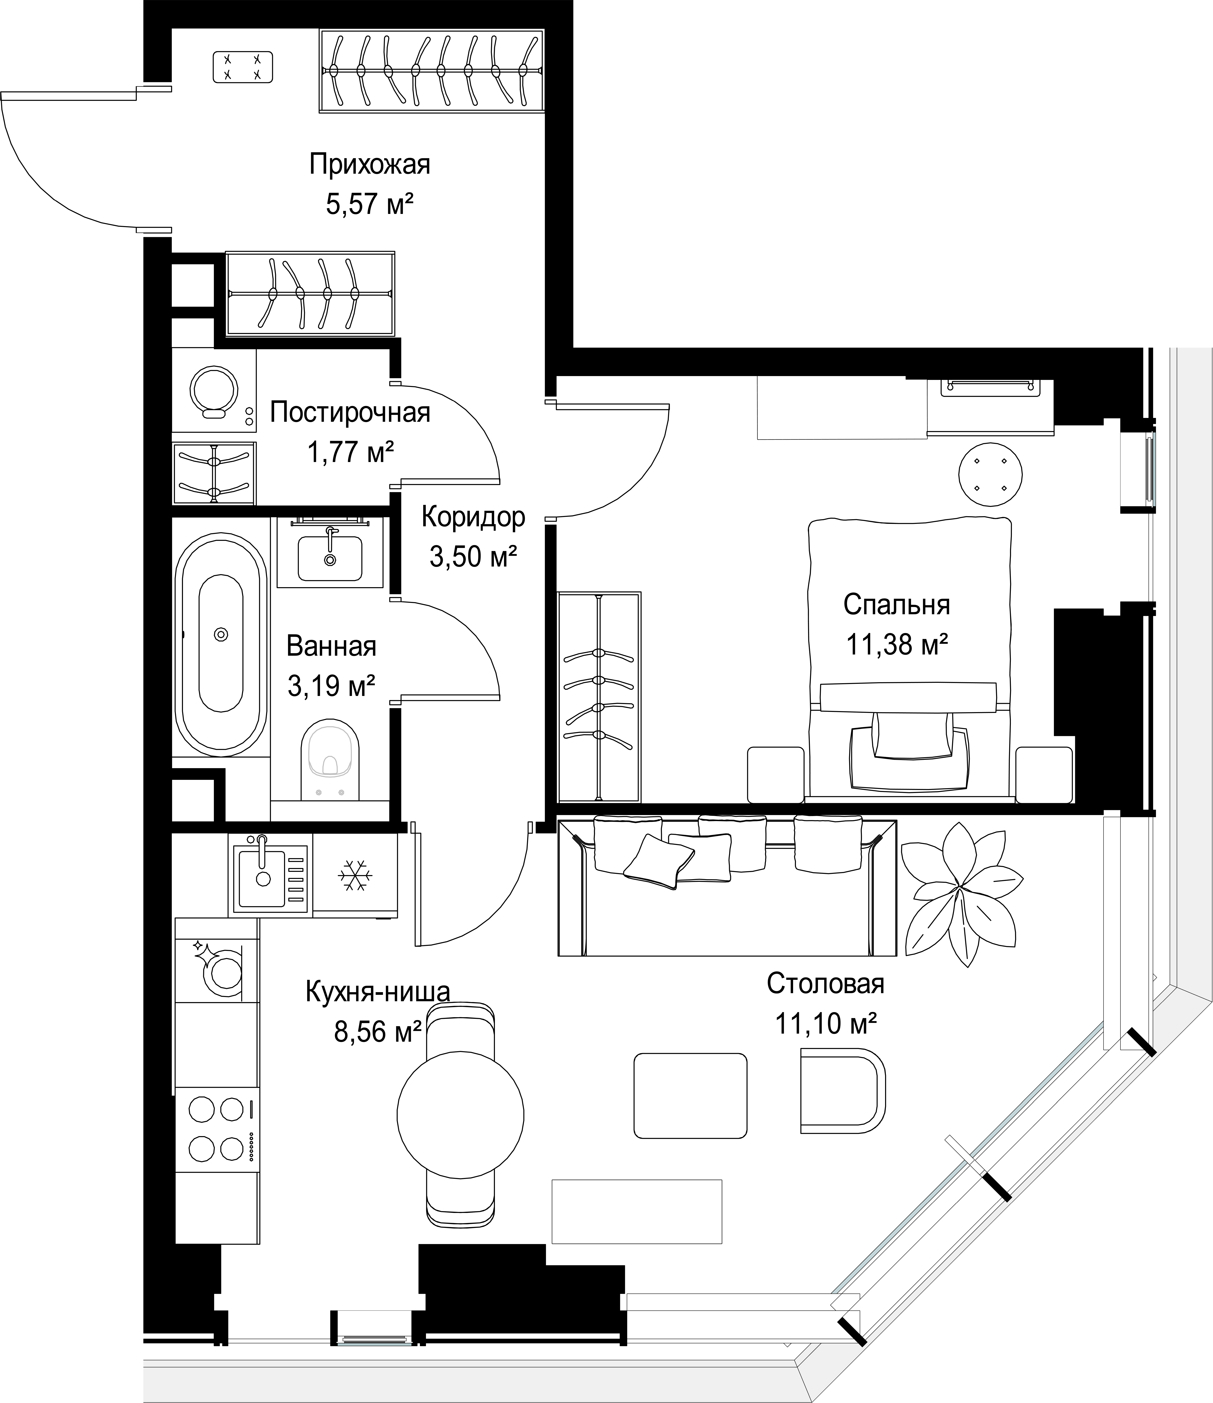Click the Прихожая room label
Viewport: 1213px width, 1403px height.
[x=370, y=165]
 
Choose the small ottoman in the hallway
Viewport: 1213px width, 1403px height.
[x=242, y=68]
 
